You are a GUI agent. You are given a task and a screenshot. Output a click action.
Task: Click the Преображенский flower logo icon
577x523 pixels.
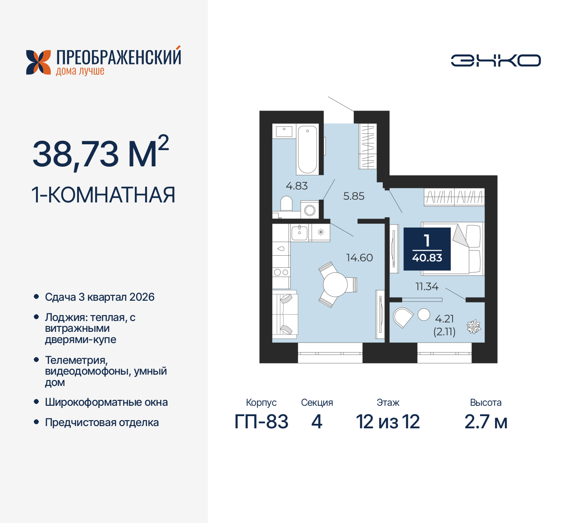(38, 62)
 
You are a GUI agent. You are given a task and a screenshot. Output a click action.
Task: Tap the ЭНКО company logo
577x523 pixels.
(496, 61)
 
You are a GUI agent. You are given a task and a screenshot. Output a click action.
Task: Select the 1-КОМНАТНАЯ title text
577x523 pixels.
(103, 195)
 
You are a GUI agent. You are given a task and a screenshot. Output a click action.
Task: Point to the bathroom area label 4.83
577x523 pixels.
(297, 186)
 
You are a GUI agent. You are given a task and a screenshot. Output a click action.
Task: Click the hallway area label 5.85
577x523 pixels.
(353, 196)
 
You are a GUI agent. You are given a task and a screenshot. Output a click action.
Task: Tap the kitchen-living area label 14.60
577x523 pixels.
(359, 257)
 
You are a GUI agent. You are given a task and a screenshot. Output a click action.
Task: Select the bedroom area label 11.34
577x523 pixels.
(426, 286)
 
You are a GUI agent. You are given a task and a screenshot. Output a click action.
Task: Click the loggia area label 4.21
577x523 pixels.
(444, 319)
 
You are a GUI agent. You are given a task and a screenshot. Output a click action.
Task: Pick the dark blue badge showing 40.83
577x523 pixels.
(427, 249)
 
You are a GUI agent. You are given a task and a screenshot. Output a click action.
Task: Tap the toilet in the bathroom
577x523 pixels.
(286, 204)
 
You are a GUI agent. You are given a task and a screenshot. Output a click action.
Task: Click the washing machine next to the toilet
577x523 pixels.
(310, 210)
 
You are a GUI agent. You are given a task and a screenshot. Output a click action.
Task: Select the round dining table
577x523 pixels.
(335, 284)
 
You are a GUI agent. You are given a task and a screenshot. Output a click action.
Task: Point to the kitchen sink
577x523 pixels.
(299, 233)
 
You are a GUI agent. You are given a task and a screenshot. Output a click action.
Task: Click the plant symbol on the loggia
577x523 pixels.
(473, 326)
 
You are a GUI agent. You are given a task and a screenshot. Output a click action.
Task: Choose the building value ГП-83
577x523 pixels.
(261, 422)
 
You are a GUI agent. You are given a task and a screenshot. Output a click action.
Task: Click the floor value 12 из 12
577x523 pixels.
(388, 422)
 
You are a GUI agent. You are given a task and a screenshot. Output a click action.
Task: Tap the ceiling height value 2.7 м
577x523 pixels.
(485, 422)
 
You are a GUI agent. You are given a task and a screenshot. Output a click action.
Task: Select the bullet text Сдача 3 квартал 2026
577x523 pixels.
(100, 297)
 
